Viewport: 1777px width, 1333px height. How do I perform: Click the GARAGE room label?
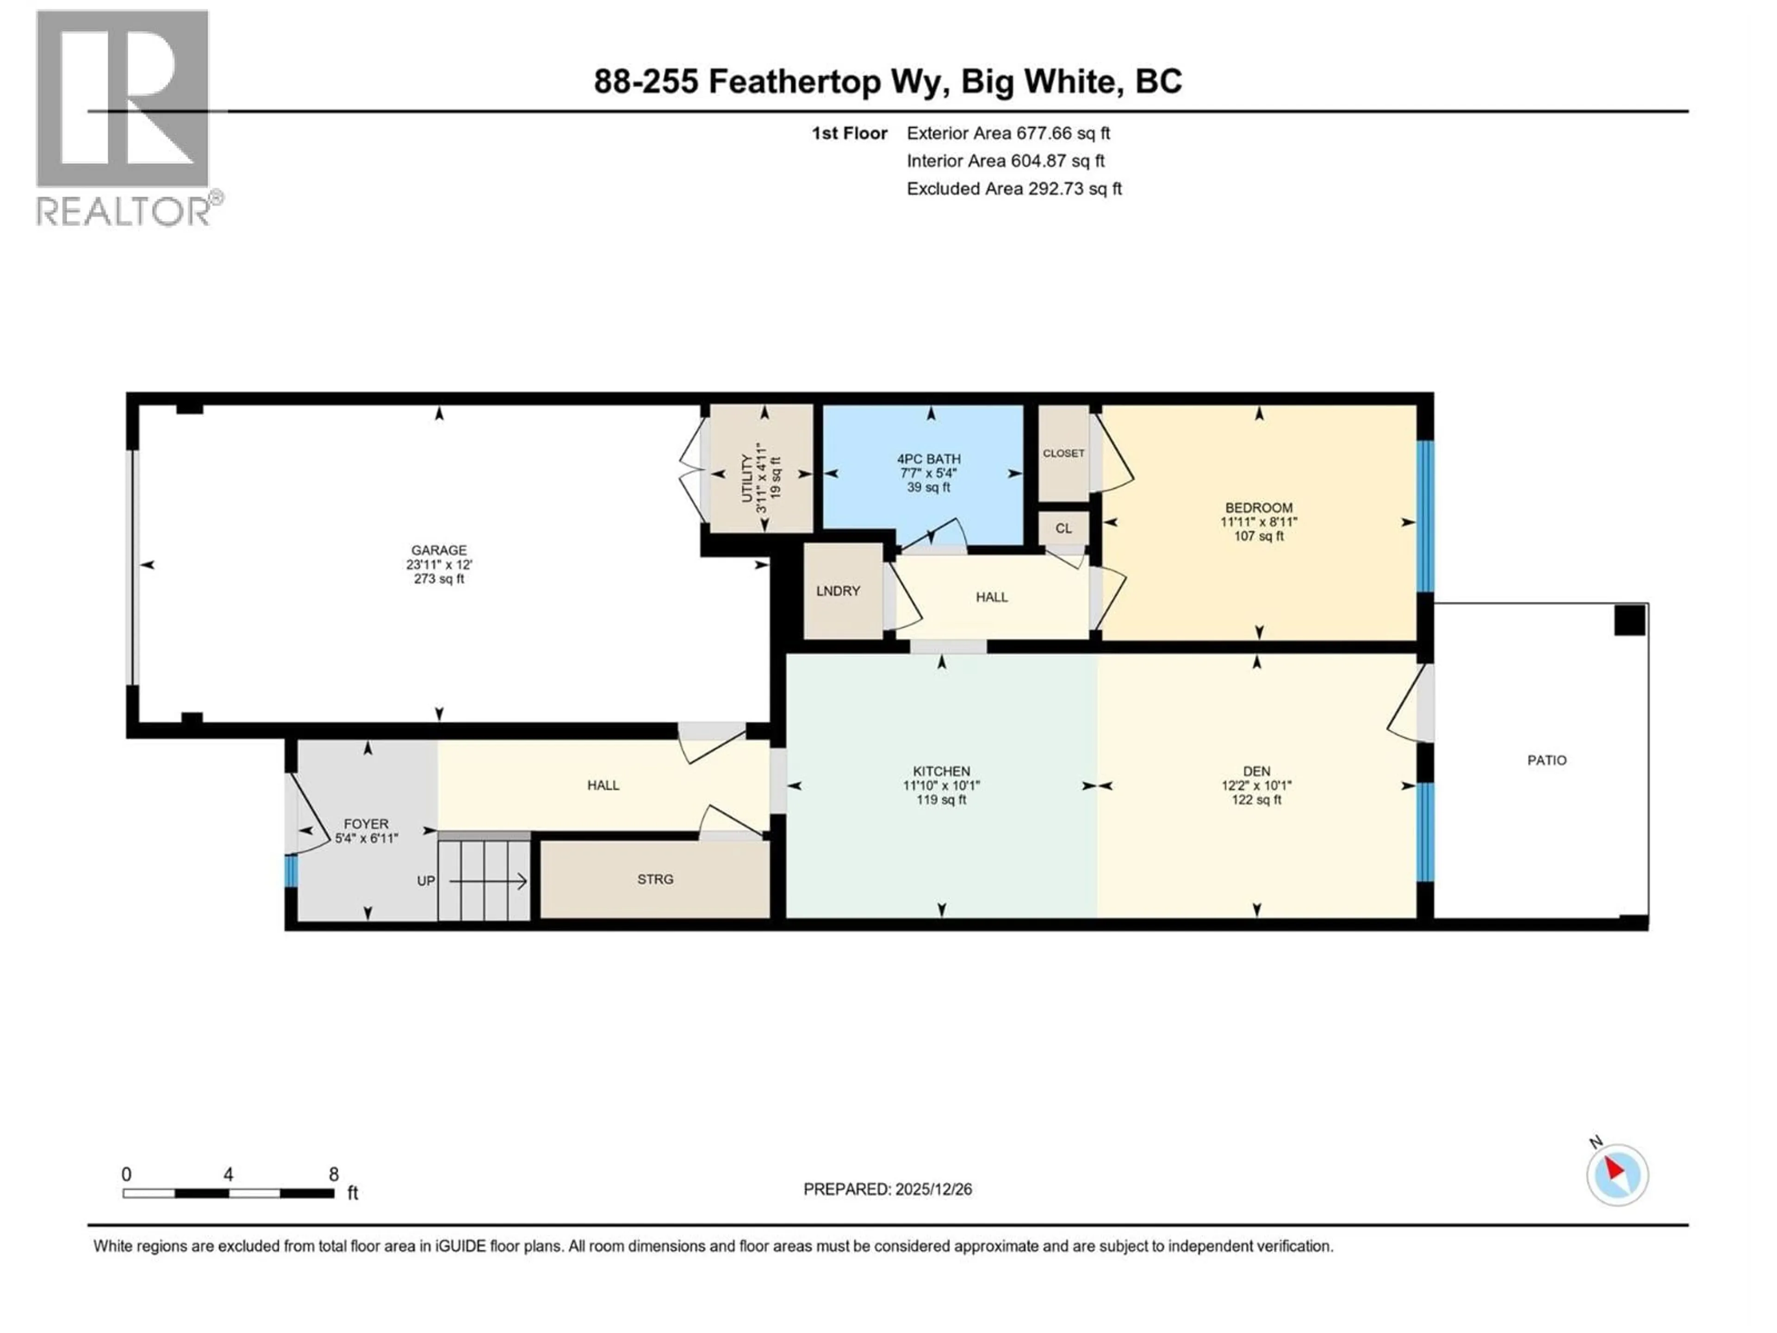pos(439,550)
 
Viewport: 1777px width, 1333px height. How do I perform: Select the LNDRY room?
pos(838,592)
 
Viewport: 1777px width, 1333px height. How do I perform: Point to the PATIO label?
pos(1547,760)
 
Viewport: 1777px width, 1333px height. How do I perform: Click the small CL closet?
pos(1063,529)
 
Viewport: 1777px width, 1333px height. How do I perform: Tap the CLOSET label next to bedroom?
pos(1063,453)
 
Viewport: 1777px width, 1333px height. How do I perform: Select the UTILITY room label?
pos(747,479)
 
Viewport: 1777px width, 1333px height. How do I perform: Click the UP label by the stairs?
pos(426,881)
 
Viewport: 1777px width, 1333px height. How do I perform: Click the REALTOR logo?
pos(124,119)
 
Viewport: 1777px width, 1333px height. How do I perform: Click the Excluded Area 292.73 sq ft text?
pos(1014,189)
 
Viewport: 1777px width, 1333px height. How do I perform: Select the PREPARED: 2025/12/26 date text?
pos(887,1189)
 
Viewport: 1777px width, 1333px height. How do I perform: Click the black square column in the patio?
pos(1630,620)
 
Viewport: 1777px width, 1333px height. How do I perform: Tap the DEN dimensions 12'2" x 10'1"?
pos(1256,786)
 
